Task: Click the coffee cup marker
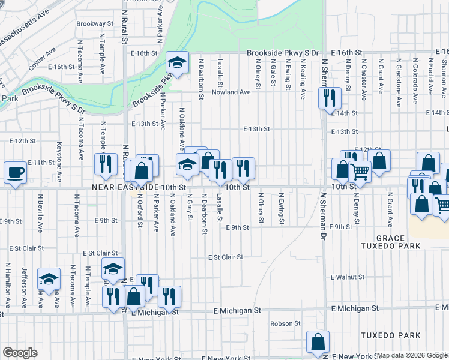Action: [x=16, y=173]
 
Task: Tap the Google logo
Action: [x=20, y=353]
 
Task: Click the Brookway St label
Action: [x=95, y=23]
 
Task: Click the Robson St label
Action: [x=285, y=323]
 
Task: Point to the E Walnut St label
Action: [x=348, y=277]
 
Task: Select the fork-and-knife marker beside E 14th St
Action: [x=330, y=97]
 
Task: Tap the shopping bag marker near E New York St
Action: [x=318, y=341]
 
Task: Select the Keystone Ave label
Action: [x=59, y=162]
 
